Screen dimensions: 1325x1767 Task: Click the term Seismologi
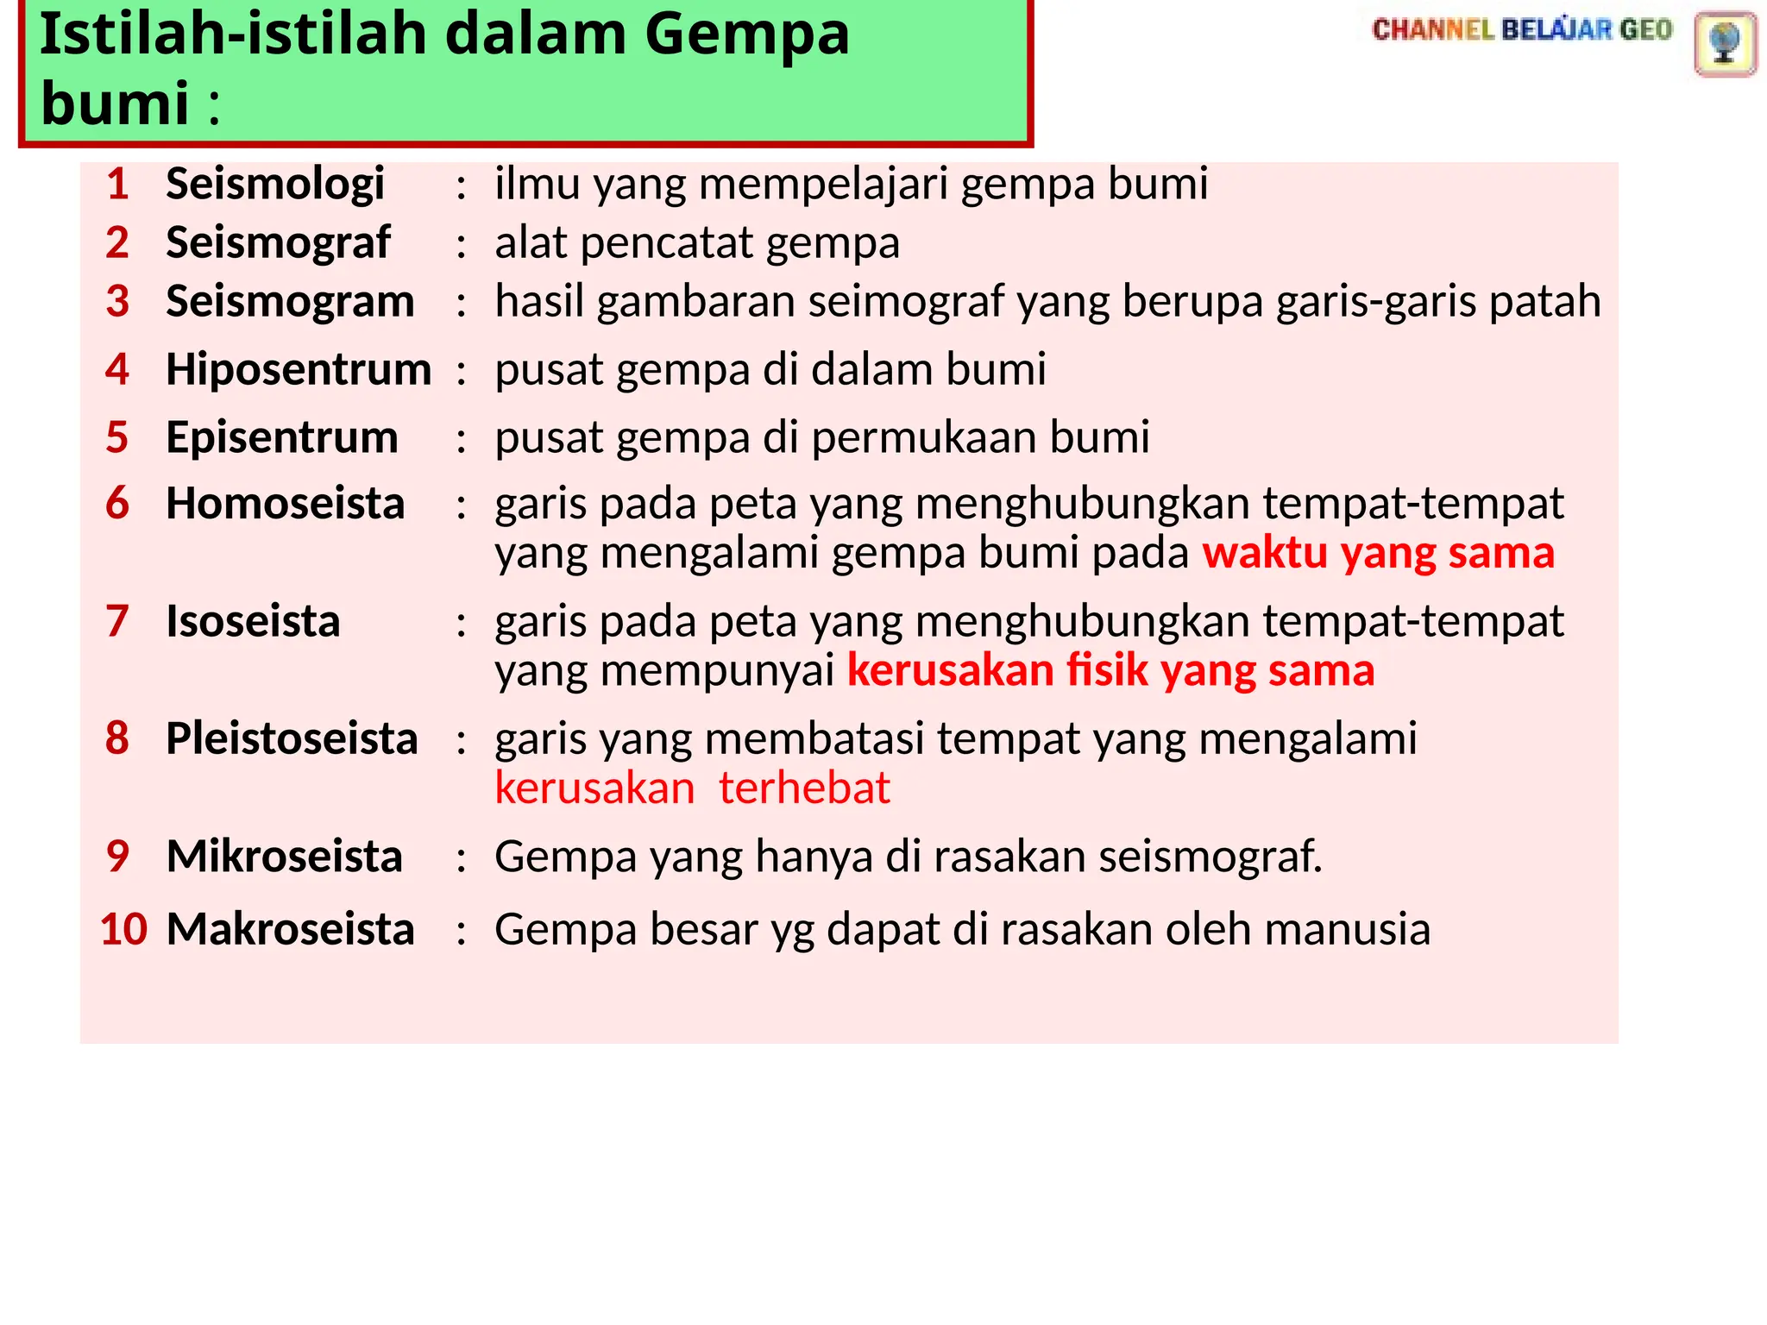(x=274, y=185)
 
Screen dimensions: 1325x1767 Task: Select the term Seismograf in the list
(x=278, y=243)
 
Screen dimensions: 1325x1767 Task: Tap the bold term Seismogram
(x=290, y=302)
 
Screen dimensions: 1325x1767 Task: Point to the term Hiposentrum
(x=299, y=370)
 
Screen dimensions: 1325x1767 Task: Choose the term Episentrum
(x=282, y=437)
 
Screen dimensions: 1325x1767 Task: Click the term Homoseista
(x=285, y=504)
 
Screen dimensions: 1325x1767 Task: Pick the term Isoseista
(x=253, y=622)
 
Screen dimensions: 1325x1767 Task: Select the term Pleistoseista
(x=292, y=739)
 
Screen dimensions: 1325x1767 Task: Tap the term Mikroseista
(x=284, y=857)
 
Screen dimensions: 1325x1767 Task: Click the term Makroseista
(x=290, y=930)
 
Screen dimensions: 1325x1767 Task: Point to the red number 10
(x=123, y=930)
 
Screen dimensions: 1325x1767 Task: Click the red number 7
(x=117, y=622)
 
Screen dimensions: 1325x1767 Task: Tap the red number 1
(x=117, y=185)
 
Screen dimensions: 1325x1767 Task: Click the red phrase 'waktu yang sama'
(x=1378, y=553)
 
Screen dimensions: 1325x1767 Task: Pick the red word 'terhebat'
(x=803, y=788)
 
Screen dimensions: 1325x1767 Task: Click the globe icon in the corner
(x=1725, y=43)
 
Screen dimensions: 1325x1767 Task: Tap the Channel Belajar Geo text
(x=1522, y=30)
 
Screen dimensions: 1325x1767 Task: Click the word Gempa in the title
(x=746, y=35)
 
